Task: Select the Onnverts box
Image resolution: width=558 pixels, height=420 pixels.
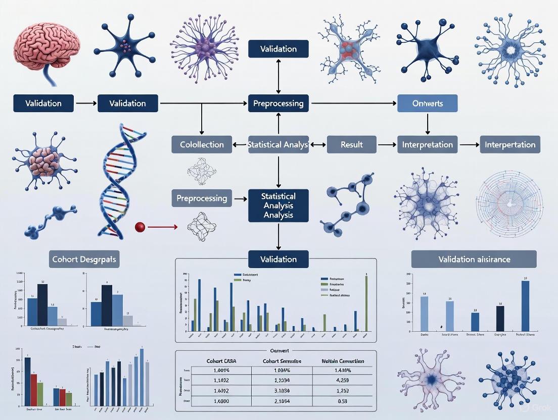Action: point(427,103)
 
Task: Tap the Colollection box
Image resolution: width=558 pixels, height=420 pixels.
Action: point(202,145)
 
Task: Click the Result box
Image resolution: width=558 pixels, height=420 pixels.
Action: point(351,145)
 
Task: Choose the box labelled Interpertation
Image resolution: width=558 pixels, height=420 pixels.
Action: point(509,145)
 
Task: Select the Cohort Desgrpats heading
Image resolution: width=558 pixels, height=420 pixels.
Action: point(84,259)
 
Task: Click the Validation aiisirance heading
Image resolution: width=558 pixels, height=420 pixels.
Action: point(474,259)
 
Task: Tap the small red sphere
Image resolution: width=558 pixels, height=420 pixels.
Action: point(140,227)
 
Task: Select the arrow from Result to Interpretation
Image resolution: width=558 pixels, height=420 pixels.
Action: point(387,145)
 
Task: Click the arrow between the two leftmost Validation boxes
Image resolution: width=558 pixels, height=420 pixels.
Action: point(85,103)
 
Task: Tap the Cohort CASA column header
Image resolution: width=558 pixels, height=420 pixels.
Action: point(222,361)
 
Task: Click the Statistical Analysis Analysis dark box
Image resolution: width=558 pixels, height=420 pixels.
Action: point(278,205)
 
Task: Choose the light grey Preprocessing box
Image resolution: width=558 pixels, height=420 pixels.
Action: point(202,198)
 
